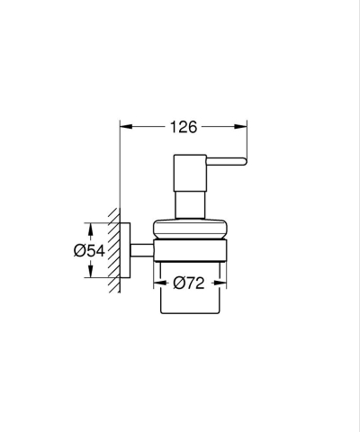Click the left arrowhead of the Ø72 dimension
tap(162, 283)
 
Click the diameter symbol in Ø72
tap(179, 283)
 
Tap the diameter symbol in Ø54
tap(79, 251)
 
